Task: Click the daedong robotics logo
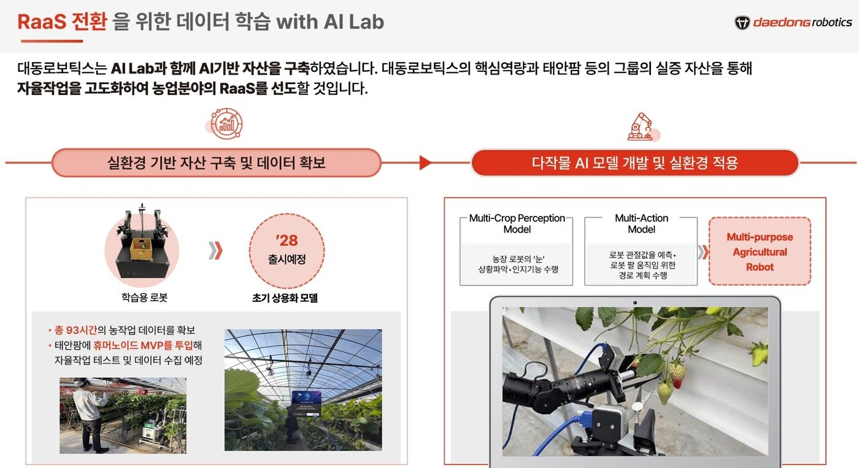pyautogui.click(x=793, y=23)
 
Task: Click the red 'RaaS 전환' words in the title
pyautogui.click(x=62, y=22)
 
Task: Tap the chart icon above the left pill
pyautogui.click(x=226, y=123)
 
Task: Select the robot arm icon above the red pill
pyautogui.click(x=642, y=126)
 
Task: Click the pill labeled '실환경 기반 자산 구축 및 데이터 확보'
pyautogui.click(x=216, y=163)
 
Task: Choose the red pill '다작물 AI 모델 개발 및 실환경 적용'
pyautogui.click(x=634, y=163)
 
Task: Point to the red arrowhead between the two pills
pyautogui.click(x=425, y=163)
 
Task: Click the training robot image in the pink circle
pyautogui.click(x=142, y=242)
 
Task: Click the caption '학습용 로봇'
pyautogui.click(x=144, y=298)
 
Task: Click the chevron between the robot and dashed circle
pyautogui.click(x=215, y=250)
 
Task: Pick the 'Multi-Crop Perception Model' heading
pyautogui.click(x=517, y=224)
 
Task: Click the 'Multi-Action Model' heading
pyautogui.click(x=641, y=224)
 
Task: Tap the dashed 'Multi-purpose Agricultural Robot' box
pyautogui.click(x=759, y=251)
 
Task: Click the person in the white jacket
pyautogui.click(x=90, y=410)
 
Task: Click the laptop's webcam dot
pyautogui.click(x=634, y=302)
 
